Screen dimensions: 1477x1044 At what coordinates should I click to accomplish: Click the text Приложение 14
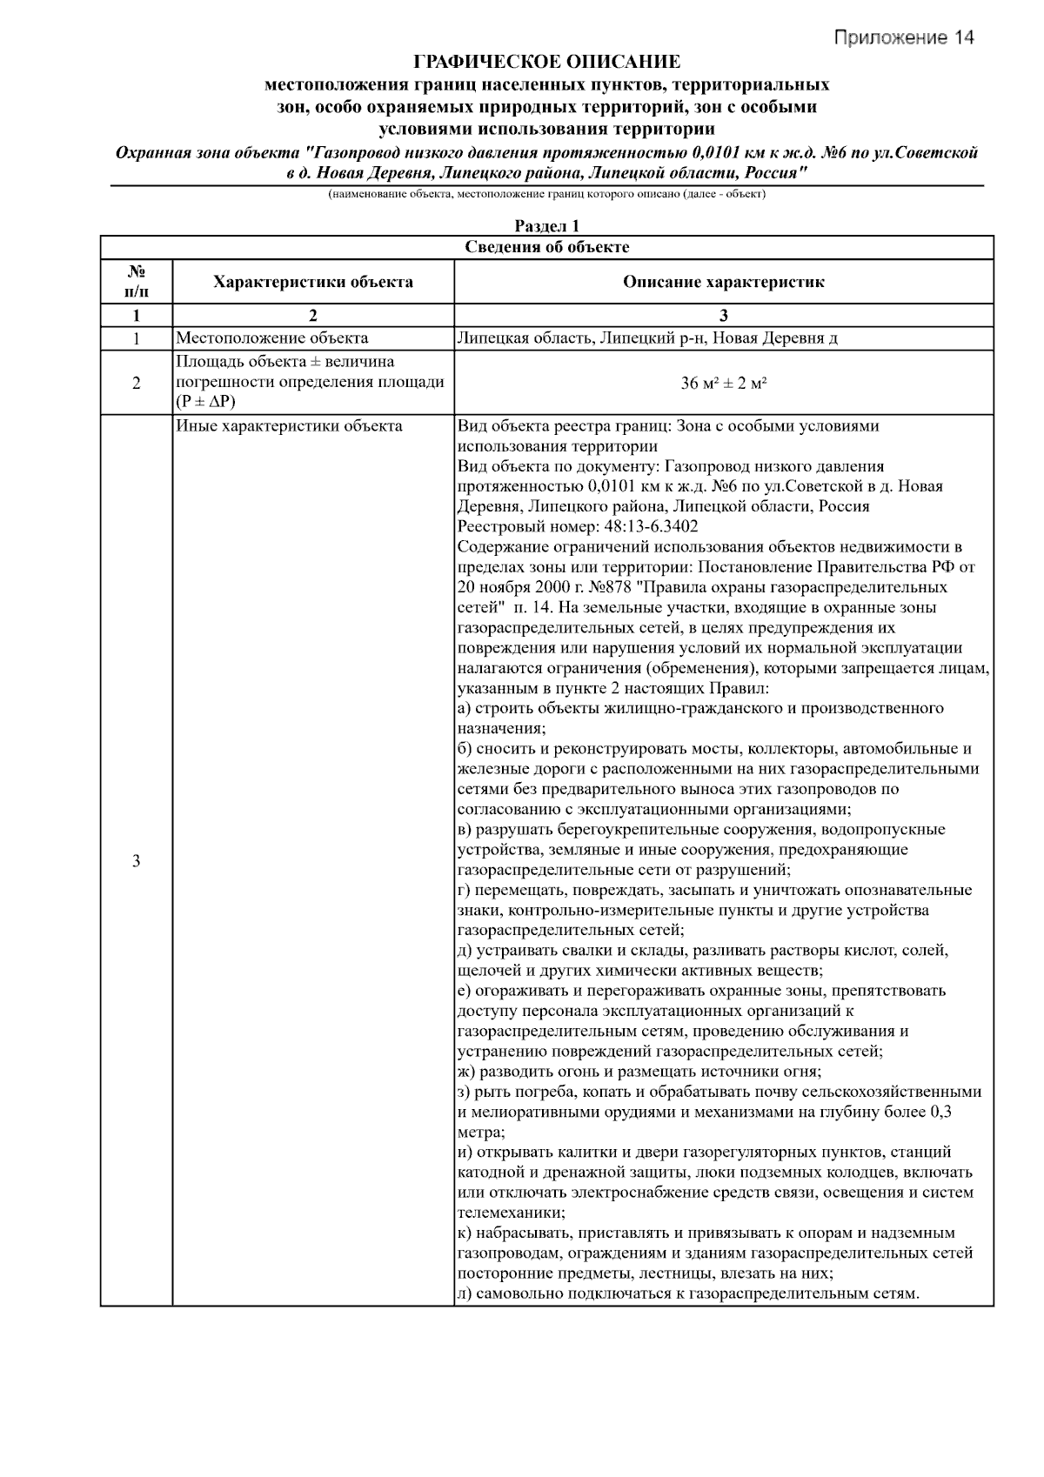click(904, 37)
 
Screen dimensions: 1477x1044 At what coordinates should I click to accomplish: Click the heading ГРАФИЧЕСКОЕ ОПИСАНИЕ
click(546, 62)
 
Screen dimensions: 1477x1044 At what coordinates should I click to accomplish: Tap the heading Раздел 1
click(546, 226)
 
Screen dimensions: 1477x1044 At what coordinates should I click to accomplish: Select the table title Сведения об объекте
click(546, 247)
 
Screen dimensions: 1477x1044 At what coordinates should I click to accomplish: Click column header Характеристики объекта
click(313, 282)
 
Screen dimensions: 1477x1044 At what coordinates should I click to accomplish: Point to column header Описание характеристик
click(723, 282)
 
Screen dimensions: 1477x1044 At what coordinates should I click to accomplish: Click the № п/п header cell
click(136, 281)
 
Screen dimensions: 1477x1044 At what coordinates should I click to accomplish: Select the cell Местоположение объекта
click(272, 338)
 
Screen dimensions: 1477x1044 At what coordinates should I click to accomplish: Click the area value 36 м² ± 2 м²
click(723, 383)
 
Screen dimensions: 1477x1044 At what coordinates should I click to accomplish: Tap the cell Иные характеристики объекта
click(289, 426)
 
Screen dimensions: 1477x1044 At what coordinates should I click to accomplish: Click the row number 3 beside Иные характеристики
click(136, 861)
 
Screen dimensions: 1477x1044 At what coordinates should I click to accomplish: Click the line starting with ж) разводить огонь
click(639, 1072)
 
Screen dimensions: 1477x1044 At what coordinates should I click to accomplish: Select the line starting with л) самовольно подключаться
click(687, 1294)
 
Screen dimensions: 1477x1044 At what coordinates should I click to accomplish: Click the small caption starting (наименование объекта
click(546, 195)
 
